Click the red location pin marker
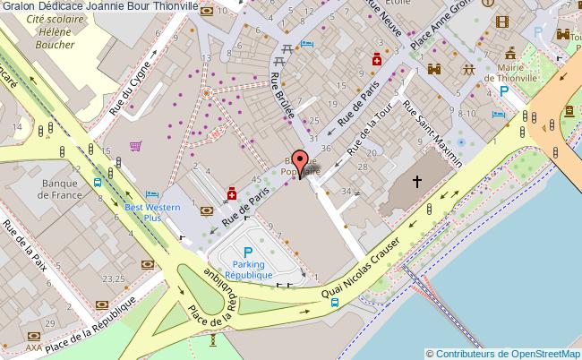tap(299, 163)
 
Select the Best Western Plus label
tap(151, 212)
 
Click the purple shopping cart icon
tap(135, 145)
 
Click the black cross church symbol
tap(416, 182)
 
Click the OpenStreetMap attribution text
tap(503, 353)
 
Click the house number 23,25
tap(113, 279)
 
